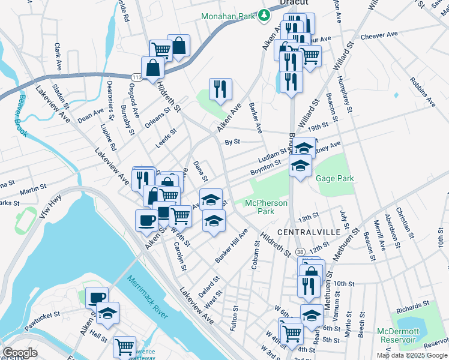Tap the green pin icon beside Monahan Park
(x=264, y=15)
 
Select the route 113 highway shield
(x=137, y=76)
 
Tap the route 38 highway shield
(x=300, y=250)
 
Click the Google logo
(x=20, y=352)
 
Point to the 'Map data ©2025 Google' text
(x=411, y=355)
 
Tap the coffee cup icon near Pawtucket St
(x=97, y=297)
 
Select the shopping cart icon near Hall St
(x=124, y=346)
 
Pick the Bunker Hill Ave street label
(x=231, y=247)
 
